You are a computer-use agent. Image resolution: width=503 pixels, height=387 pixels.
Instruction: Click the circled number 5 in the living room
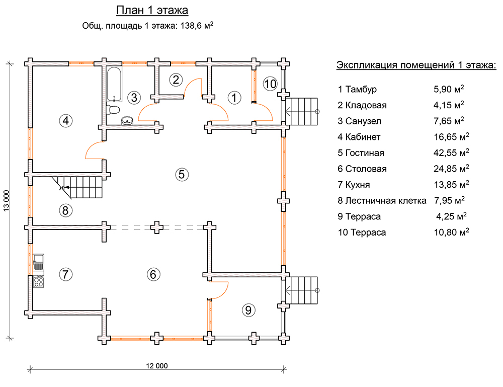coord(182,174)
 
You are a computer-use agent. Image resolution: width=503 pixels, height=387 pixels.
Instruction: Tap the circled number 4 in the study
coord(65,120)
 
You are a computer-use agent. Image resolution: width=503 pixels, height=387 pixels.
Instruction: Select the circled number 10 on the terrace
coord(270,84)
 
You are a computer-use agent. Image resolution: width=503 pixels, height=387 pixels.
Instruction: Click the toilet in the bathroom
coord(114,109)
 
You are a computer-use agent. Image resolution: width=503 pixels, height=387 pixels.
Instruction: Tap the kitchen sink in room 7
coord(38,262)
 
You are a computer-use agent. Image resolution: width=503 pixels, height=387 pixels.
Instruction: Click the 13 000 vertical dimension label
coord(7,201)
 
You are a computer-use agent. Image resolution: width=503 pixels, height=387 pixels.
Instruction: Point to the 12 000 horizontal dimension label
coord(157,366)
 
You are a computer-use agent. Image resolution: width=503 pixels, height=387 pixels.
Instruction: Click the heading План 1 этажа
coord(152,11)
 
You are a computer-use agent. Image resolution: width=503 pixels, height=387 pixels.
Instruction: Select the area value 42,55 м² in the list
coord(451,152)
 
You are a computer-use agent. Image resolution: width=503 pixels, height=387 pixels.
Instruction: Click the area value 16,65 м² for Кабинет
coord(451,136)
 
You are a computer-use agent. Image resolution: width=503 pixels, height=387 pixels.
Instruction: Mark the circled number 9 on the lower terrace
coord(247,310)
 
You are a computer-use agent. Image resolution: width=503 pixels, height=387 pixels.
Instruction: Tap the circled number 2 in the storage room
coord(176,80)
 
